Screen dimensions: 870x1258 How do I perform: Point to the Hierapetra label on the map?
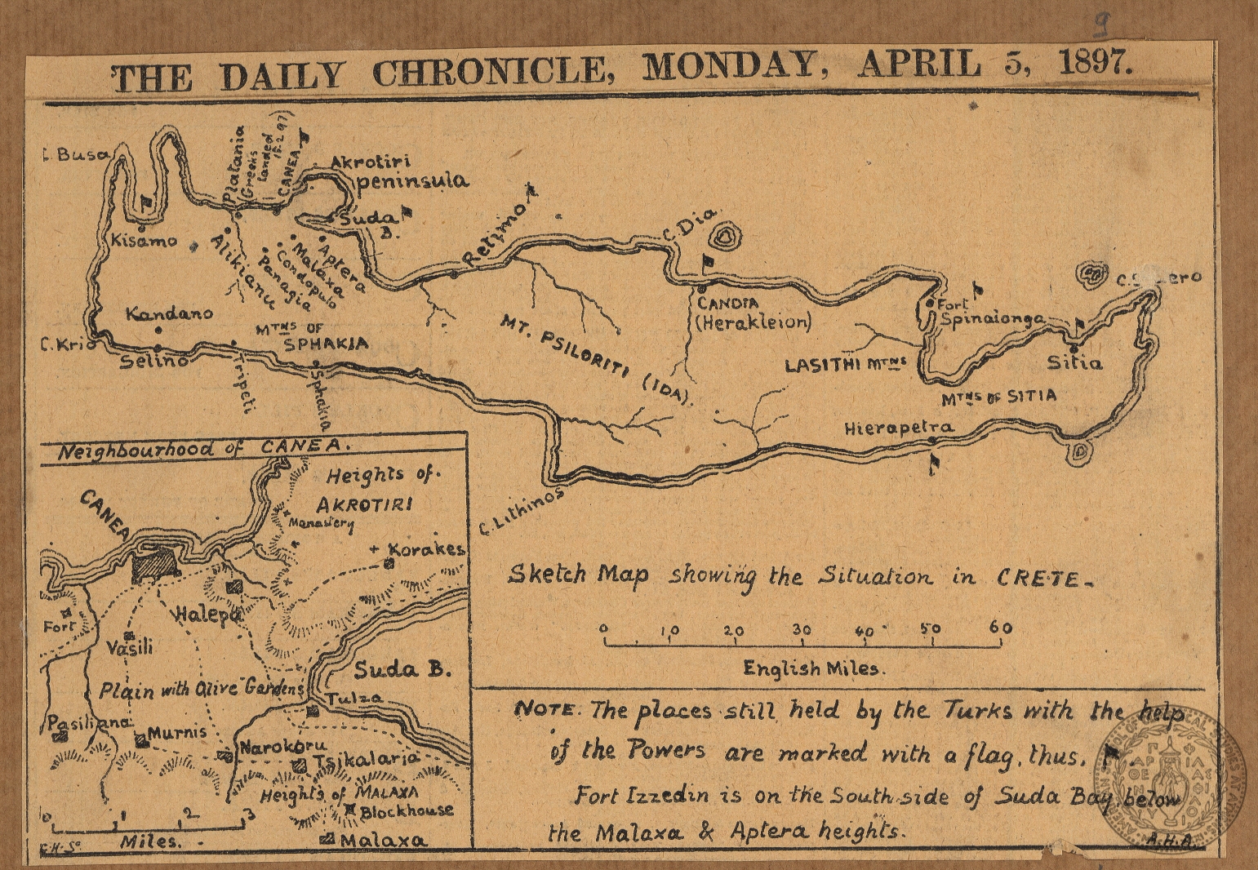898,427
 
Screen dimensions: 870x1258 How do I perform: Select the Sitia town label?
1074,362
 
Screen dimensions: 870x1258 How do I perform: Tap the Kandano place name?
170,313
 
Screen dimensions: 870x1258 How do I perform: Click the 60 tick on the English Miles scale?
1001,628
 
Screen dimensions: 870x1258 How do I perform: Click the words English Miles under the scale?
811,668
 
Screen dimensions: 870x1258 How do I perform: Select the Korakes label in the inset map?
425,548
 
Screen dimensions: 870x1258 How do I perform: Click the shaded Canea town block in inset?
154,563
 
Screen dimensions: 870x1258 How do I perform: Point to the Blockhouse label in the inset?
406,810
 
